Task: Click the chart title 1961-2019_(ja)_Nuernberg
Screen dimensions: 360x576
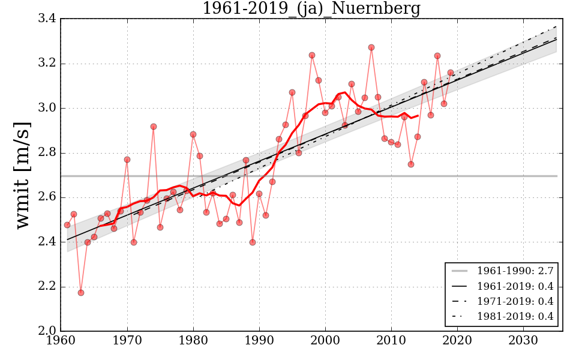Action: coord(311,9)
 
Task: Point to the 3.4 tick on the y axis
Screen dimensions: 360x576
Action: coord(47,19)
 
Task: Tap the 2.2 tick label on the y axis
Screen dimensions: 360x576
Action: coord(47,287)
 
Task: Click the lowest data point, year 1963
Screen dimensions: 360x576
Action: coord(81,293)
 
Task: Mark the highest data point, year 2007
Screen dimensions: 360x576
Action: coord(371,47)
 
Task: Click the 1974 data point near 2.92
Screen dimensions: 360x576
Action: coord(154,127)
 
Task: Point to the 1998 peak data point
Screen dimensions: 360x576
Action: coord(312,55)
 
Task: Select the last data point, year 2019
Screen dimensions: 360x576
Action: coord(451,73)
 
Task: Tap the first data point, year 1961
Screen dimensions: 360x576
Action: coord(67,225)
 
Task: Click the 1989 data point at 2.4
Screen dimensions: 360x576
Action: coord(253,242)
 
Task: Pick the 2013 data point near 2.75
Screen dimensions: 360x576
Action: coord(411,164)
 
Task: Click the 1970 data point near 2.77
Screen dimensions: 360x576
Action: coord(127,160)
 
